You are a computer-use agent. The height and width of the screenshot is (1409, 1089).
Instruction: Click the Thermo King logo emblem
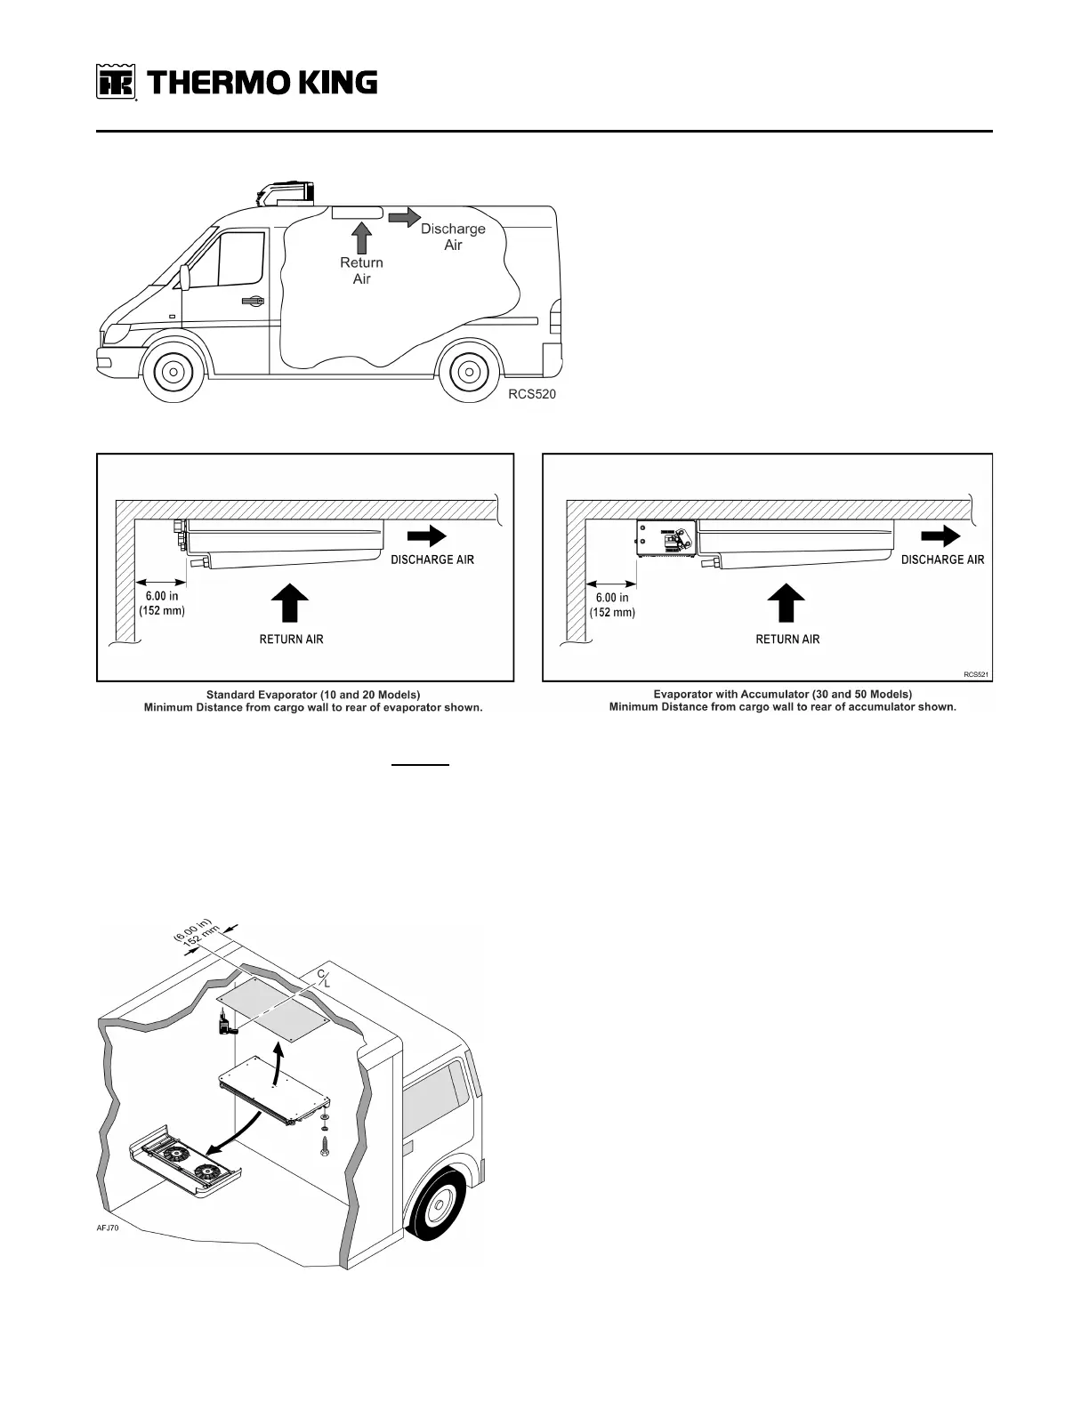[x=116, y=83]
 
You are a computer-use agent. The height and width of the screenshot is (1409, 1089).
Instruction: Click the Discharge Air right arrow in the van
[x=404, y=217]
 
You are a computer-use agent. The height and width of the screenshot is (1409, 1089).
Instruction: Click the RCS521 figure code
[x=976, y=674]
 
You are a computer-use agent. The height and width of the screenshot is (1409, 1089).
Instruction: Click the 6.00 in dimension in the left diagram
[x=161, y=597]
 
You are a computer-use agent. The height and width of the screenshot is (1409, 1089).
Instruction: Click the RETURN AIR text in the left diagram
[x=291, y=640]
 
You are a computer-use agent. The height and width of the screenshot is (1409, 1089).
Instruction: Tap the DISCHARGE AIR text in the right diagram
[x=942, y=560]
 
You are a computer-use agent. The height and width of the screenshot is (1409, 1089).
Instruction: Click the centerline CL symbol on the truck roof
[x=325, y=978]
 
